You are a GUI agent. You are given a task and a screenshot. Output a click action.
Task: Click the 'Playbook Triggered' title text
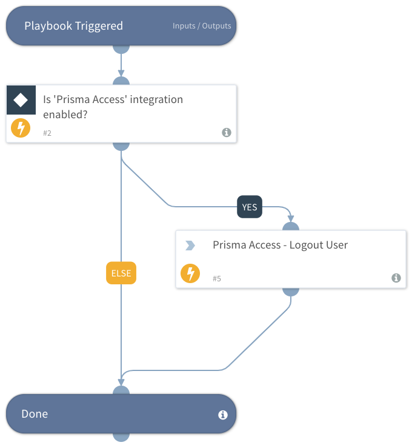point(73,26)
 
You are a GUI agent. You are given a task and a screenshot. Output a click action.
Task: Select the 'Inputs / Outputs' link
point(202,27)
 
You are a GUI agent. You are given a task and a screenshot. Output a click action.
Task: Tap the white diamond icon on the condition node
point(21,100)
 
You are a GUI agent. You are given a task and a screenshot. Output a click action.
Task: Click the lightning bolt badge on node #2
point(21,128)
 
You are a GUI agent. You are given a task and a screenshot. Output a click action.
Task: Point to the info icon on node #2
point(227,132)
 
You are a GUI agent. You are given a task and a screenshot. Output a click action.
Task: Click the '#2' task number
point(47,133)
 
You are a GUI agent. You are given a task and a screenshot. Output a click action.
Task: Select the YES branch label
point(250,207)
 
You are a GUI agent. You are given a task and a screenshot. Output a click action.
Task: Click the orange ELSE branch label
point(121,273)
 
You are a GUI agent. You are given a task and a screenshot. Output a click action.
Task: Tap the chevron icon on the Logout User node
point(190,246)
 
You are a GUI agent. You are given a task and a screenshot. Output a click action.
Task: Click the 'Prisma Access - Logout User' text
point(280,246)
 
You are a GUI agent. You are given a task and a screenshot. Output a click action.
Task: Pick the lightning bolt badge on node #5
point(190,274)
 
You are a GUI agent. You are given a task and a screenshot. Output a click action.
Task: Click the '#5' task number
point(217,278)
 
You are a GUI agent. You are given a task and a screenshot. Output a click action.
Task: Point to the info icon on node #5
point(396,278)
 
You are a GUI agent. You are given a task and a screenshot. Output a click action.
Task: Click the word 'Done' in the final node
point(35,414)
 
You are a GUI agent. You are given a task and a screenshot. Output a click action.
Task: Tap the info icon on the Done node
point(223,415)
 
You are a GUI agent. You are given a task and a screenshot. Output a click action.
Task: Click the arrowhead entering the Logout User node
point(291,218)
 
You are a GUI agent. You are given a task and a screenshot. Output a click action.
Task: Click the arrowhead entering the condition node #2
point(121,73)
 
